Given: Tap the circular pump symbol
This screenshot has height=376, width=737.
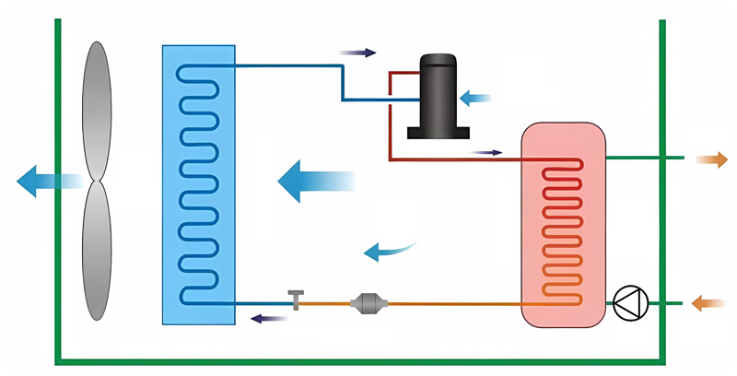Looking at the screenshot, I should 631,302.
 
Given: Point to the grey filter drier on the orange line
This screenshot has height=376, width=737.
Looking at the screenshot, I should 368,302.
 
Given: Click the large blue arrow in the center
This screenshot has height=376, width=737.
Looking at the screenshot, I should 313,180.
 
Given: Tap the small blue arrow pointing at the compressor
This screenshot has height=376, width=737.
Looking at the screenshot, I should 475,96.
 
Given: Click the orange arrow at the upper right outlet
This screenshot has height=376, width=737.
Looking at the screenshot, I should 710,159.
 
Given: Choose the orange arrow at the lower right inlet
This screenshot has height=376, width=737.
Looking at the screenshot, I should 708,301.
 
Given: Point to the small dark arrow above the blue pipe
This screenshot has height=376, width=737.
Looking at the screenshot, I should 358,53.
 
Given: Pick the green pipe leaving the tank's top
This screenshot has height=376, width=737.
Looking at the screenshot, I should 645,159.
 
